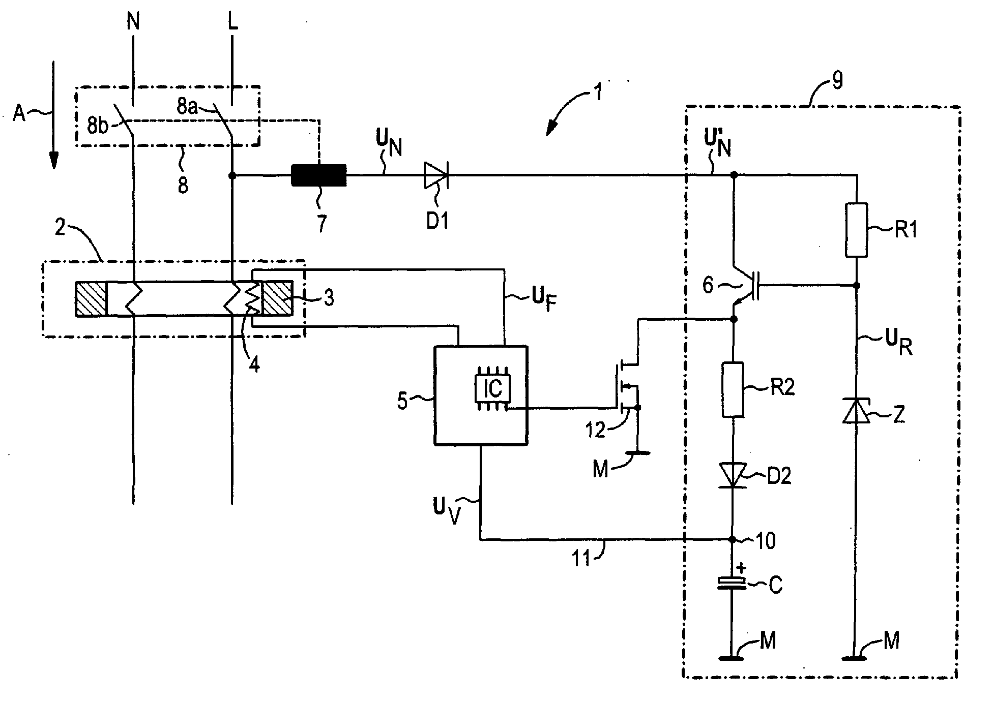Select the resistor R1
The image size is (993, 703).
click(x=857, y=230)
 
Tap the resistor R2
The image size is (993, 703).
click(x=733, y=390)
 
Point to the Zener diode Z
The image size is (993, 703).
click(x=857, y=411)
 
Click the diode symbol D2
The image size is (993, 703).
click(x=733, y=476)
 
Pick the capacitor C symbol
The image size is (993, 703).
click(x=733, y=583)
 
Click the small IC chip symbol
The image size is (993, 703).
click(x=492, y=389)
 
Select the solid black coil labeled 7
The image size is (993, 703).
click(x=318, y=175)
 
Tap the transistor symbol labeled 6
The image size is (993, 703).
click(x=747, y=287)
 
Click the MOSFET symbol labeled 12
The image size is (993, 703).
click(x=627, y=386)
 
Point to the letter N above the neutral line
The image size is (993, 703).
click(x=134, y=23)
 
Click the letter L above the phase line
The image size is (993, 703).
click(x=232, y=23)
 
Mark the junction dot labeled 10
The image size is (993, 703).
click(x=733, y=540)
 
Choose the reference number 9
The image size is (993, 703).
click(x=836, y=81)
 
